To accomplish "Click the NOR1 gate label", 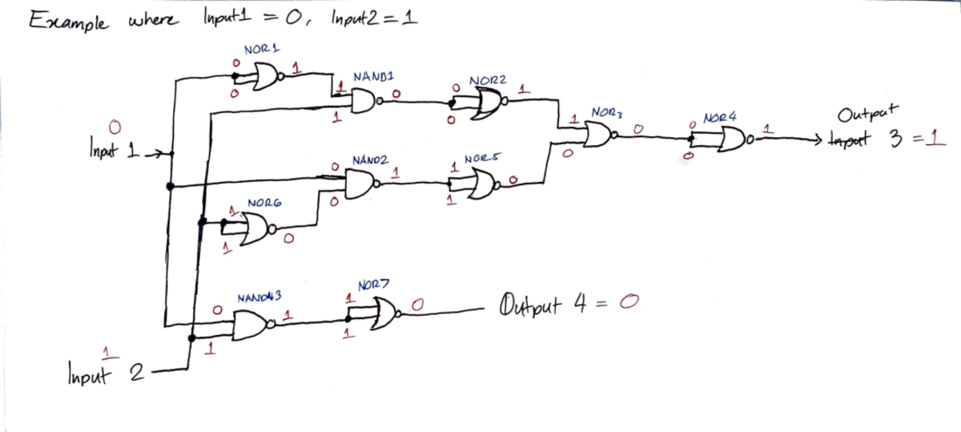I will [x=260, y=50].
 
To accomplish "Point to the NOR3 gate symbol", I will [x=598, y=135].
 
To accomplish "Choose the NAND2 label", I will [x=370, y=160].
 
